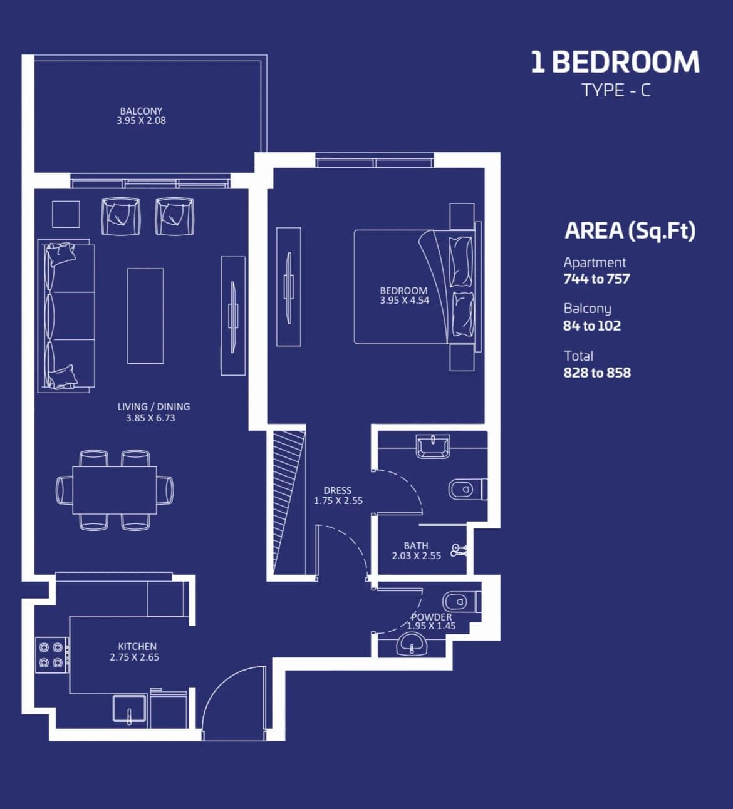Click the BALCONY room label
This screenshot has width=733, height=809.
point(141,111)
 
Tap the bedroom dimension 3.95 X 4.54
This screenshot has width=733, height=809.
point(404,301)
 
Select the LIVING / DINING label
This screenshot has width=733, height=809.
point(153,406)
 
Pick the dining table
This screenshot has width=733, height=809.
point(115,490)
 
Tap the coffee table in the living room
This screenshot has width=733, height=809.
point(145,316)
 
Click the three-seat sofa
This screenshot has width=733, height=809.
point(66,316)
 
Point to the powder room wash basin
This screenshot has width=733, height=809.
point(411,644)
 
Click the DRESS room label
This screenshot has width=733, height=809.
point(338,491)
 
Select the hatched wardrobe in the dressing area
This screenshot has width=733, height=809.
point(289,502)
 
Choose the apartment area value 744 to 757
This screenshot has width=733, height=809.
point(596,279)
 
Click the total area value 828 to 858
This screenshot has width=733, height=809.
point(597,373)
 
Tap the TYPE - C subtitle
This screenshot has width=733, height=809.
point(616,90)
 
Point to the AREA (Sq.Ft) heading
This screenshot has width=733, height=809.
point(630,231)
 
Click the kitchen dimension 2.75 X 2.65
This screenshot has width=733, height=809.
point(135,657)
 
